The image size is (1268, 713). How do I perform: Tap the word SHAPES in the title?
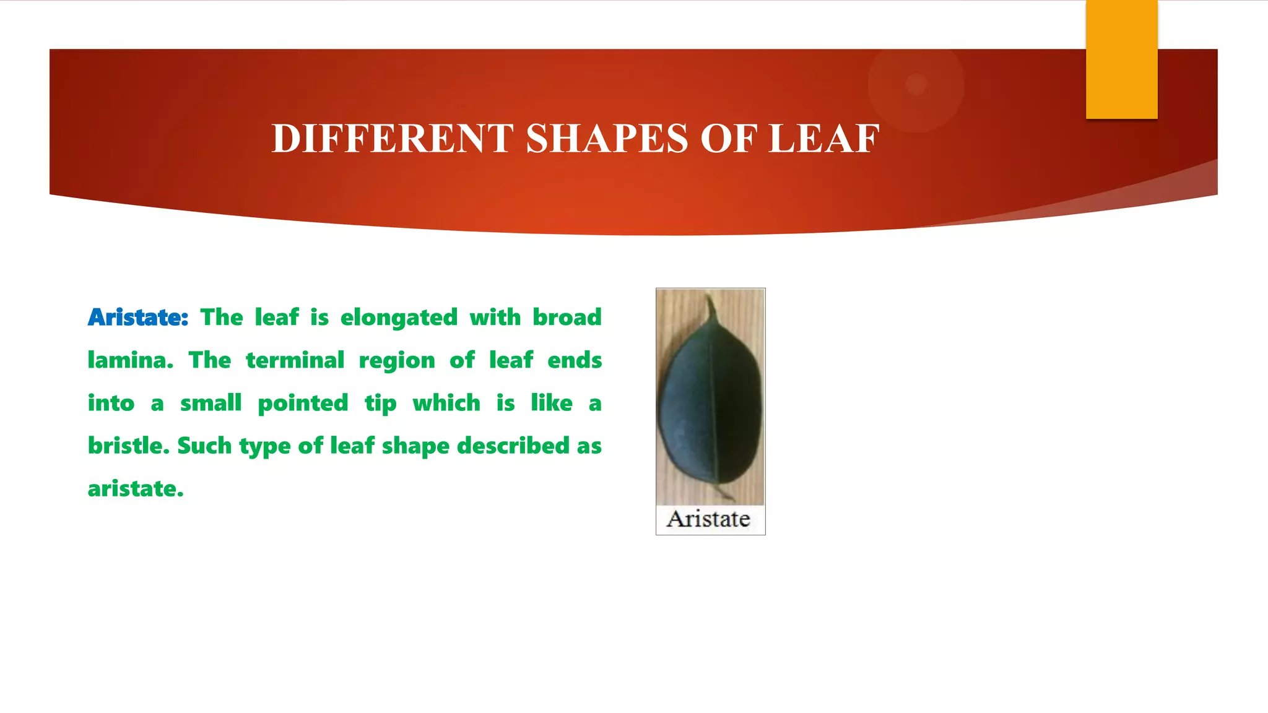coord(607,138)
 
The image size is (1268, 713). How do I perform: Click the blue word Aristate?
coord(137,318)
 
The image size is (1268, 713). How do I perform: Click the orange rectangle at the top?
coord(1121,59)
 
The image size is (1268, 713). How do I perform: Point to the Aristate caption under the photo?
coord(708,519)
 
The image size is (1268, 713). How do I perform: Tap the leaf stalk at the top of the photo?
coord(711,307)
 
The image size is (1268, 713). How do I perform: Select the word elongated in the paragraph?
coord(399,318)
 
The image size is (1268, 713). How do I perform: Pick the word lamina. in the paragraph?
coord(130,360)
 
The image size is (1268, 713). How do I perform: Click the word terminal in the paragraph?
coord(295,360)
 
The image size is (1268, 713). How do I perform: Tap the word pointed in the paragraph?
coord(303,403)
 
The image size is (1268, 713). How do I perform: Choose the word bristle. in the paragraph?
coord(128,446)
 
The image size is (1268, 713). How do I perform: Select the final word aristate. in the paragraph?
coord(136,489)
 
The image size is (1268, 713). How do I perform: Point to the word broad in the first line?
coord(567,318)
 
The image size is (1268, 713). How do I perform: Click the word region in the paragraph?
coord(397,360)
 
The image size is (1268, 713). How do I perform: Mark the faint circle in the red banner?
coord(916,84)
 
